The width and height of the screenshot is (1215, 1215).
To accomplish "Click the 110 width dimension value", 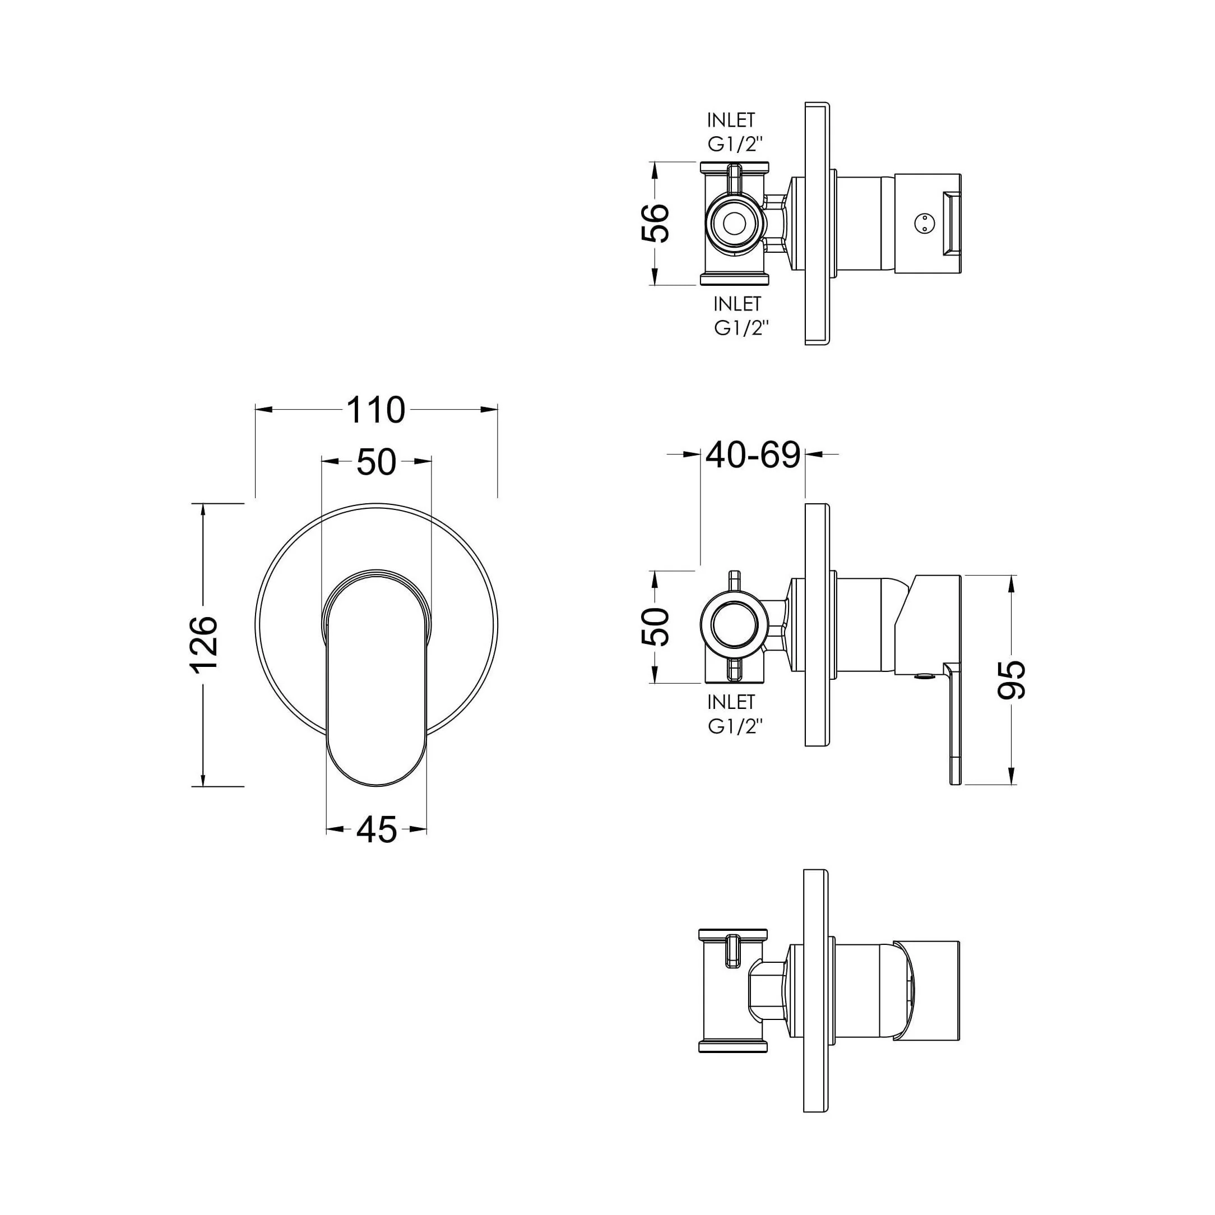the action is [376, 410].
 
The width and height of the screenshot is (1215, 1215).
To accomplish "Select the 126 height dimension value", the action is [204, 644].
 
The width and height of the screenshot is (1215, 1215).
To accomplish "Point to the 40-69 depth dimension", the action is [753, 454].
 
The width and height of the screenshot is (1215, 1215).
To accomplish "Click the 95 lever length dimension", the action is [1011, 679].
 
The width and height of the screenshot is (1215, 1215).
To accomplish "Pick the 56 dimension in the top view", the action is [655, 222].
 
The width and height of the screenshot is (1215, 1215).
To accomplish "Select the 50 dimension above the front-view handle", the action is [376, 462].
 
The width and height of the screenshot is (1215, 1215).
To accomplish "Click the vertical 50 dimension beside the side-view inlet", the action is [655, 627].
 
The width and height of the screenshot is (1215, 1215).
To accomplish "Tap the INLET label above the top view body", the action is [731, 119].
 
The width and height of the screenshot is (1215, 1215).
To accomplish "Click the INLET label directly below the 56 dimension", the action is [737, 304].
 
